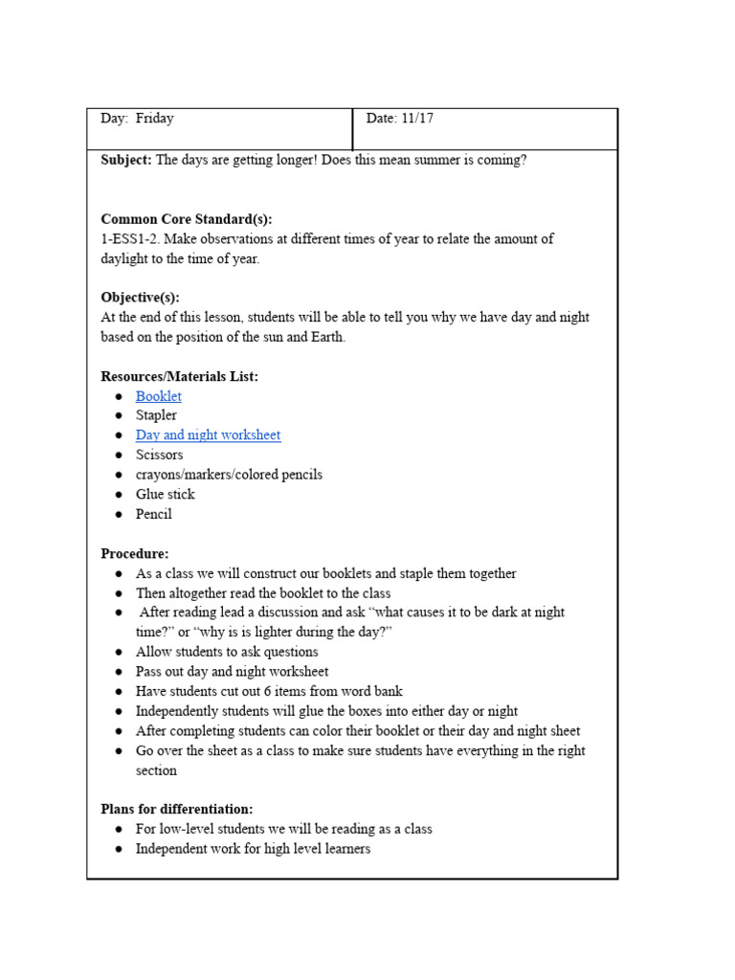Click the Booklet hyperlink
158,396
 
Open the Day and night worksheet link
208,435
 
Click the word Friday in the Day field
154,119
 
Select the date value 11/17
416,119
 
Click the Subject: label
126,160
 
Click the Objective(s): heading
140,298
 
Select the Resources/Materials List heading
179,377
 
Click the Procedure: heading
134,553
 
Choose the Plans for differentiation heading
176,809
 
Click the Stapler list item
156,416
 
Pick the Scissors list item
159,456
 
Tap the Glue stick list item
165,495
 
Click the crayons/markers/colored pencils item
229,475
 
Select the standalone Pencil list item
154,515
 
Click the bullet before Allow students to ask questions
118,653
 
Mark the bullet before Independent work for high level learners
118,850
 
